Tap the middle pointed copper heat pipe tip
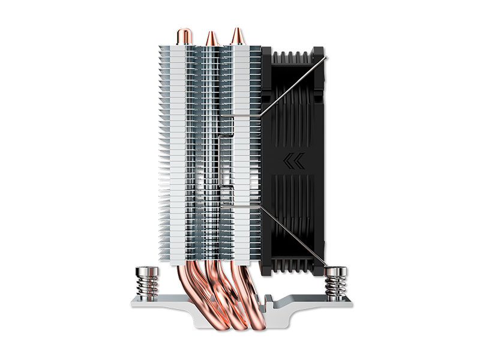pos(211,37)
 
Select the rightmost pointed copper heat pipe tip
pos(236,34)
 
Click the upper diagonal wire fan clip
pos(294,84)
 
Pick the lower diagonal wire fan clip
pos(294,237)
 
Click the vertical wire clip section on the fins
pos(223,162)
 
